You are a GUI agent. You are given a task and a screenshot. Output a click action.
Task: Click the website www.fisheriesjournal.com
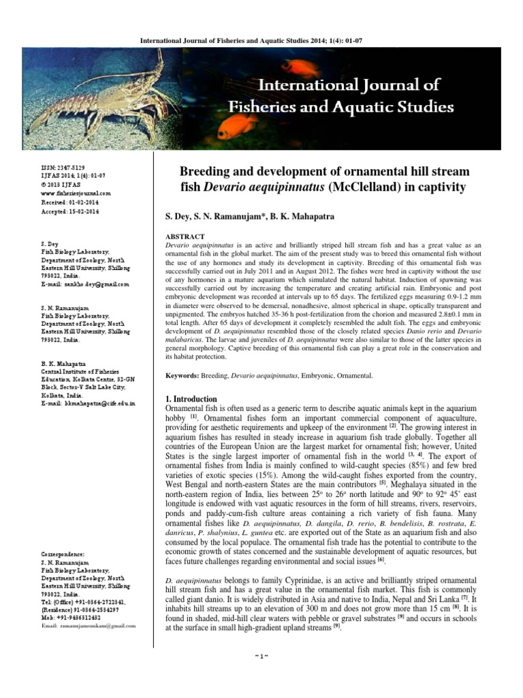76,194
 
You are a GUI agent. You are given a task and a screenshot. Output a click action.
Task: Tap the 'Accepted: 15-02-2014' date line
70,211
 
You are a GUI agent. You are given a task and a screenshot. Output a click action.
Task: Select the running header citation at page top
261,40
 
